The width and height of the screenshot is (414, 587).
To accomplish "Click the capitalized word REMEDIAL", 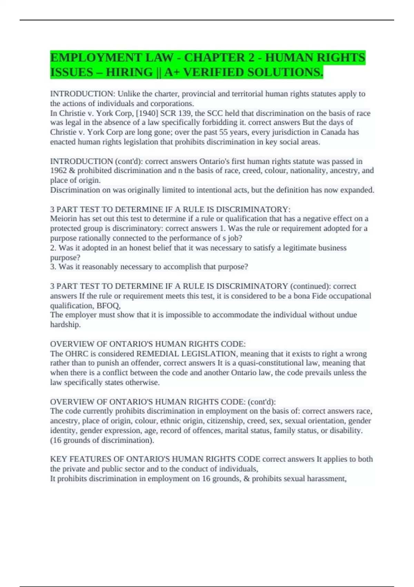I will (x=158, y=354).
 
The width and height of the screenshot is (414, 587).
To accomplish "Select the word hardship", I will (x=65, y=325).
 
